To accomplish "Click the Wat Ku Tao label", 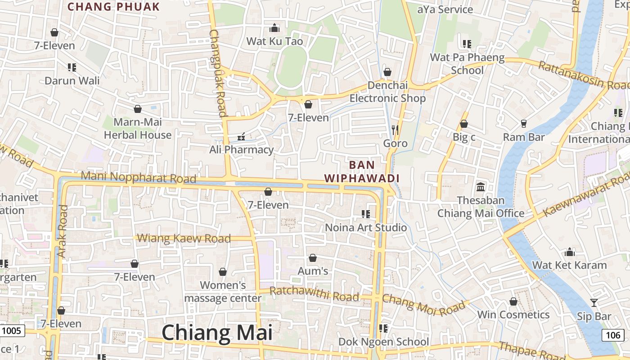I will [274, 41].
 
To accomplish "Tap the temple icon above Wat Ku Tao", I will [274, 28].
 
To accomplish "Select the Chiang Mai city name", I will [217, 333].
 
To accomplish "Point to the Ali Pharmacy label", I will [242, 149].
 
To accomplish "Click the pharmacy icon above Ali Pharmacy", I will [241, 136].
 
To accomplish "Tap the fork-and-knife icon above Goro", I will [395, 130].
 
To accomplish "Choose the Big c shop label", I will [464, 137].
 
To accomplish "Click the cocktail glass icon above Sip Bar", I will [594, 302].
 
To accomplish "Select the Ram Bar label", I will [524, 137].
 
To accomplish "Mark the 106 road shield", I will [613, 335].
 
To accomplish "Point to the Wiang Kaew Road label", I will [184, 238].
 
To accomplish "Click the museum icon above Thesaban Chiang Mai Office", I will [481, 187].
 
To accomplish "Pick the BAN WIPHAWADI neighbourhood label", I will [362, 171].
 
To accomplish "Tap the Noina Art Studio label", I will [366, 227].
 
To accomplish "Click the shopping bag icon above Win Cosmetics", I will [513, 301].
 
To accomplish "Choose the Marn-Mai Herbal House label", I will [138, 128].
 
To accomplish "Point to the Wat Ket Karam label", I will [570, 265].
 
